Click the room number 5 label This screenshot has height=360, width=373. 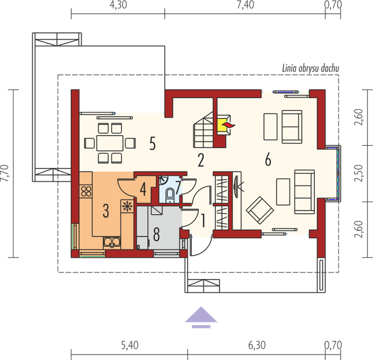[x=152, y=143]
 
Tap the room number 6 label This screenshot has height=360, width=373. [x=268, y=159]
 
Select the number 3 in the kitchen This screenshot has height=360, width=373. [x=106, y=211]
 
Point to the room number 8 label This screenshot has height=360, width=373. [x=157, y=234]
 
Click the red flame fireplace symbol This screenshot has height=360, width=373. [x=228, y=125]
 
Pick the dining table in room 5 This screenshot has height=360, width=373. [x=110, y=143]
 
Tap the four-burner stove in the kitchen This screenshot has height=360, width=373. [x=86, y=191]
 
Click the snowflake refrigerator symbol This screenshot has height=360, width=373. [x=128, y=206]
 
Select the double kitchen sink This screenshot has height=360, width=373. [x=112, y=242]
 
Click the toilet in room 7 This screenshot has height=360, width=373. [x=170, y=194]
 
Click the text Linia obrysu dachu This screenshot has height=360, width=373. [x=311, y=68]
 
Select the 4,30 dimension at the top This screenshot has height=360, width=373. [x=118, y=5]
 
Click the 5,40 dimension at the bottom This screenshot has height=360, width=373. [x=130, y=345]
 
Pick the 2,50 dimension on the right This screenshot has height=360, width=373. [x=359, y=173]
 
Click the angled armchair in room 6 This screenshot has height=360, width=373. [x=260, y=210]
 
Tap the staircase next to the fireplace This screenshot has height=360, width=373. [x=203, y=130]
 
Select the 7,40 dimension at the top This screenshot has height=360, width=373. [x=245, y=5]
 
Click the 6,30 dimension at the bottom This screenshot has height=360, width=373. [x=257, y=345]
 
